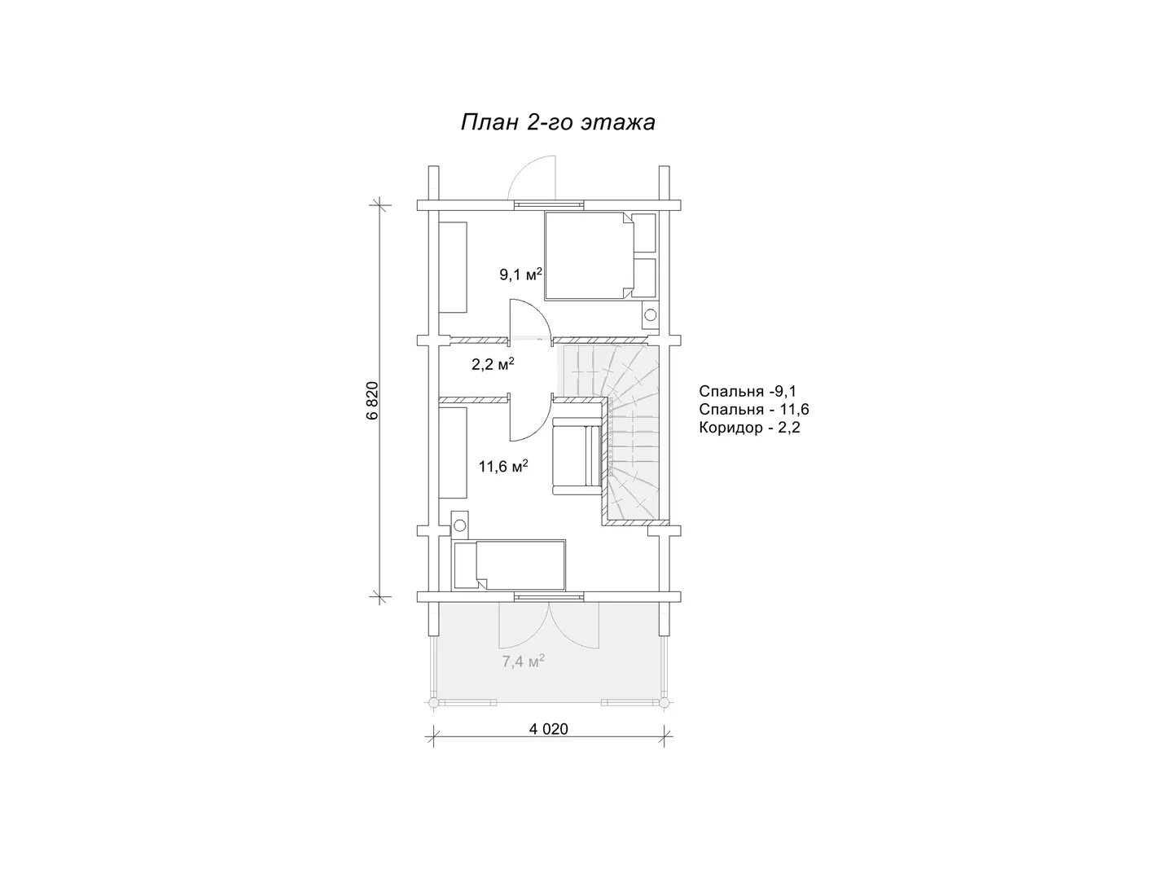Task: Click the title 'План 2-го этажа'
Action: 557,123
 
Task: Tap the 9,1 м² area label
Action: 520,274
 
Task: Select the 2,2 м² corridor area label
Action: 493,364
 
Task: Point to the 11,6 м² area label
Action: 503,467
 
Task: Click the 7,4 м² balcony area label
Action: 523,661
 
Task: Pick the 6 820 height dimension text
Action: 372,401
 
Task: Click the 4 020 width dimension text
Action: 549,729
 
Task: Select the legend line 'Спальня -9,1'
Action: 748,391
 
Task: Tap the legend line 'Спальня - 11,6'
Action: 754,410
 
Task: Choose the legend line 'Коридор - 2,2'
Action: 749,428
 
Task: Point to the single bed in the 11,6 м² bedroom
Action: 508,565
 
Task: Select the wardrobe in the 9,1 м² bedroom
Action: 453,267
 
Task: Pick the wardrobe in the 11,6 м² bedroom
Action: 453,453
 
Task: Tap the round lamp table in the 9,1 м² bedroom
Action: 650,315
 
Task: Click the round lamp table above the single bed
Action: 459,526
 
